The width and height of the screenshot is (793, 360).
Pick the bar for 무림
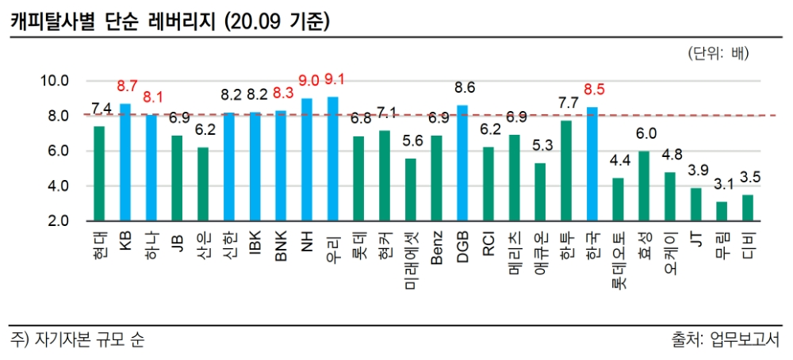coord(721,211)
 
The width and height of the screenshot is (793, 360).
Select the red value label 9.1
coord(335,79)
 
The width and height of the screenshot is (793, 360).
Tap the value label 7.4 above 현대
coord(101,109)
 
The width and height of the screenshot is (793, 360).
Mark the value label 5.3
coord(541,146)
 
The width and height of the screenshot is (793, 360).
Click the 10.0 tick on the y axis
coord(56,81)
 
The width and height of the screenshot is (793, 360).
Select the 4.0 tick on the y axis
coord(59,186)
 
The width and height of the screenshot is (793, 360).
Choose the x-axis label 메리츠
coord(515,252)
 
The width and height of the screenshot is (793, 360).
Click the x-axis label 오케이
coord(670,252)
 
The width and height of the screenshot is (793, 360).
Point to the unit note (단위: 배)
coord(718,54)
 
